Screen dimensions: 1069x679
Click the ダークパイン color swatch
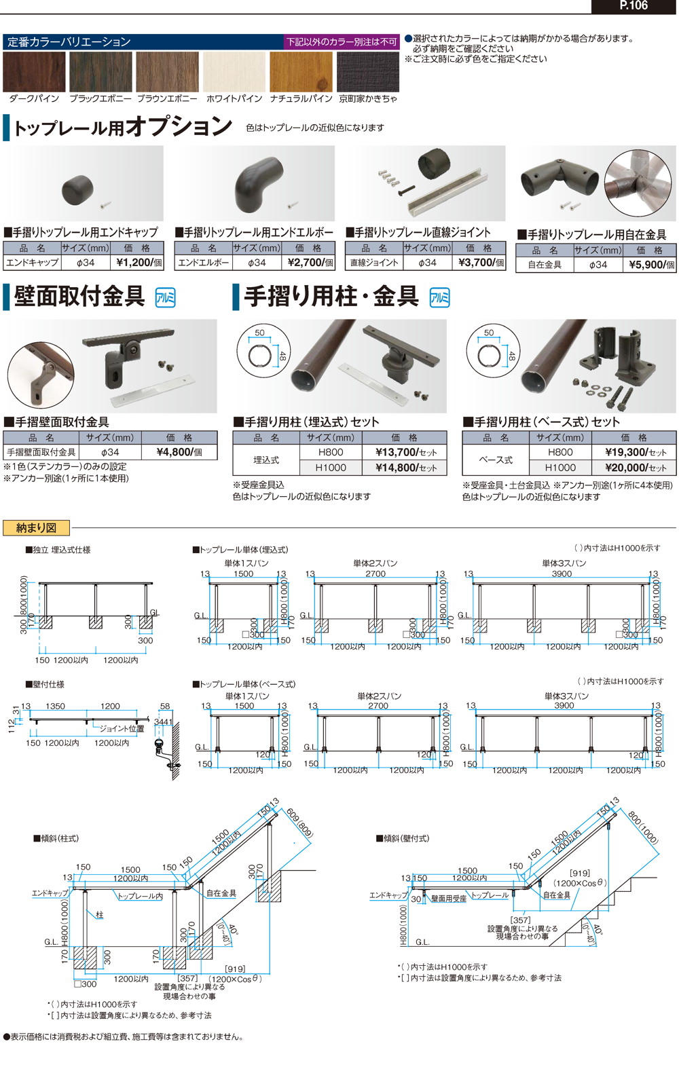coord(34,72)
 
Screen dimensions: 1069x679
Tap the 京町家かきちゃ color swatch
coord(368,72)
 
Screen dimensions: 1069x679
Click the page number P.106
coord(634,6)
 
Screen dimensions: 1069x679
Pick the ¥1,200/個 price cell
coord(139,263)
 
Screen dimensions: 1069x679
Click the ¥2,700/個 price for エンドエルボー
coord(310,263)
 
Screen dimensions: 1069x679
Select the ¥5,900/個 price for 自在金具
coord(651,265)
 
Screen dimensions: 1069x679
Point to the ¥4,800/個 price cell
coord(179,452)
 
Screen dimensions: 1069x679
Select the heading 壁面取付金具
coord(79,297)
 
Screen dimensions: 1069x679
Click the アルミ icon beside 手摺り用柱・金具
coord(440,297)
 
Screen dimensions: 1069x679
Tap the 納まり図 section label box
coord(37,527)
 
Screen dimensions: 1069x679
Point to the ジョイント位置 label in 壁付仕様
coord(122,728)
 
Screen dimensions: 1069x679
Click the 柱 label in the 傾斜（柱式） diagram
coord(99,915)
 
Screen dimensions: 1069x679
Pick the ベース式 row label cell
coord(496,460)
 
